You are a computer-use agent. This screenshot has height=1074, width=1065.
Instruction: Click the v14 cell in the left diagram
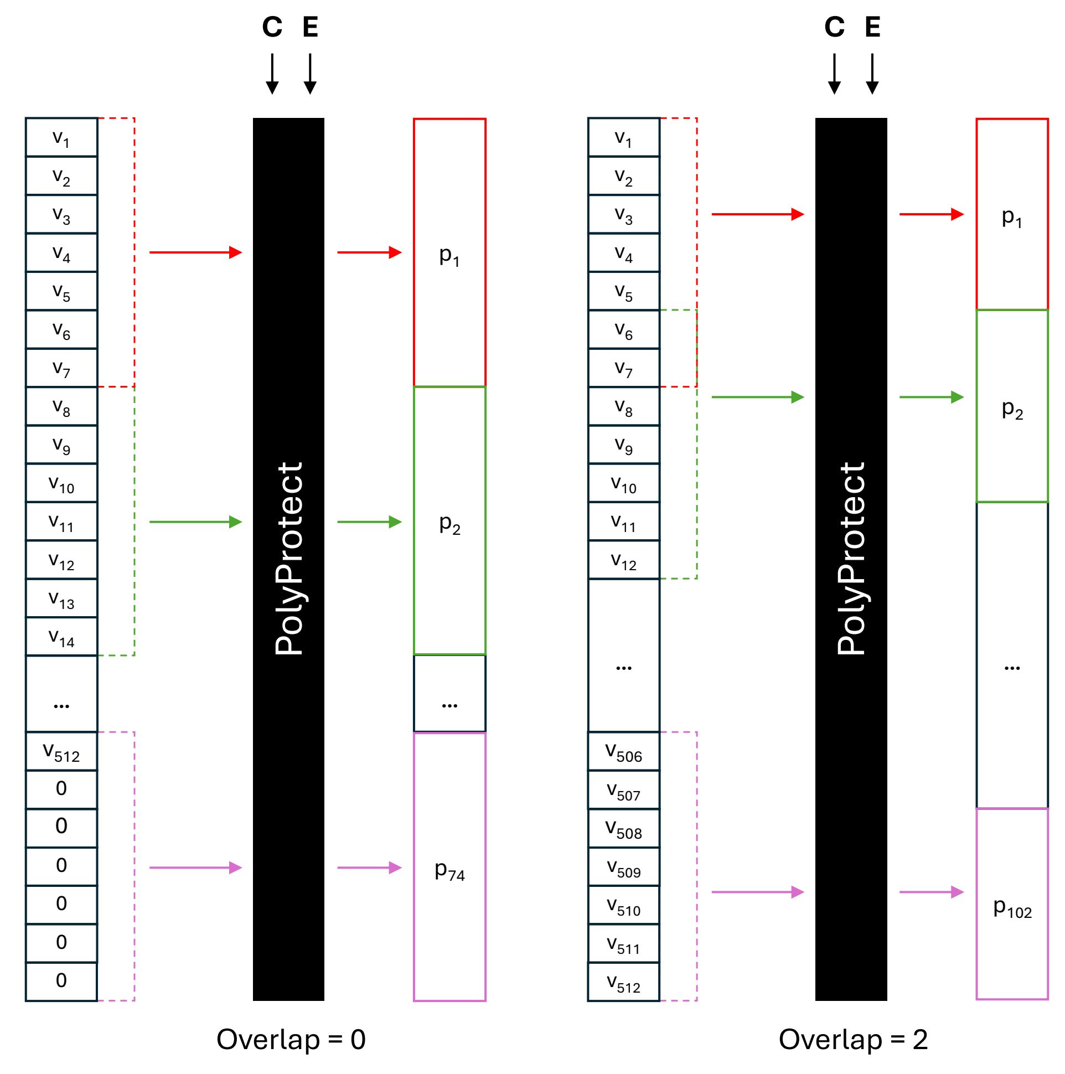pos(61,637)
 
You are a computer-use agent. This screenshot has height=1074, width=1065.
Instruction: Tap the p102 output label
pos(1012,908)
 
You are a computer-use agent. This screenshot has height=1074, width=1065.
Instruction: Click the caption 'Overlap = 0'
pos(291,1039)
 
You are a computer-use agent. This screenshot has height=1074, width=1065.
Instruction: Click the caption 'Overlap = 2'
pos(853,1039)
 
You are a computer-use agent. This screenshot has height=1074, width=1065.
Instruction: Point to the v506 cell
pos(624,752)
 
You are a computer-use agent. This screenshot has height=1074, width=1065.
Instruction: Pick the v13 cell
pos(61,598)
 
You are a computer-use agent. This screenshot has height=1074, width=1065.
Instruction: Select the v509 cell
pos(624,867)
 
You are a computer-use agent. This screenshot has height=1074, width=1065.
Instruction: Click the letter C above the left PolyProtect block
pos(272,27)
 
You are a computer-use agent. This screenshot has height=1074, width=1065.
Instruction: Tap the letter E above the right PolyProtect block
pos(873,27)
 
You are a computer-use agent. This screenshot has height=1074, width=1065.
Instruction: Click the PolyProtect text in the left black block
pos(288,559)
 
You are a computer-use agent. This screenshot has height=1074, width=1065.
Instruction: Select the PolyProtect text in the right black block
pos(851,559)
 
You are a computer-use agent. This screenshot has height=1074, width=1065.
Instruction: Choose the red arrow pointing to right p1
pos(932,214)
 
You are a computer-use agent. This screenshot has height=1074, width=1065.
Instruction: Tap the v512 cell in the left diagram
pos(61,752)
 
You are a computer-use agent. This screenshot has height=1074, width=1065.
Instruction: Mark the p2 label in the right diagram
pos(1012,410)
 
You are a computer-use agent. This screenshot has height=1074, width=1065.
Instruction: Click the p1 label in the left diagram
pos(449,256)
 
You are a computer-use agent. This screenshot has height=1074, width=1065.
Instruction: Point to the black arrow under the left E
pos(310,74)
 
